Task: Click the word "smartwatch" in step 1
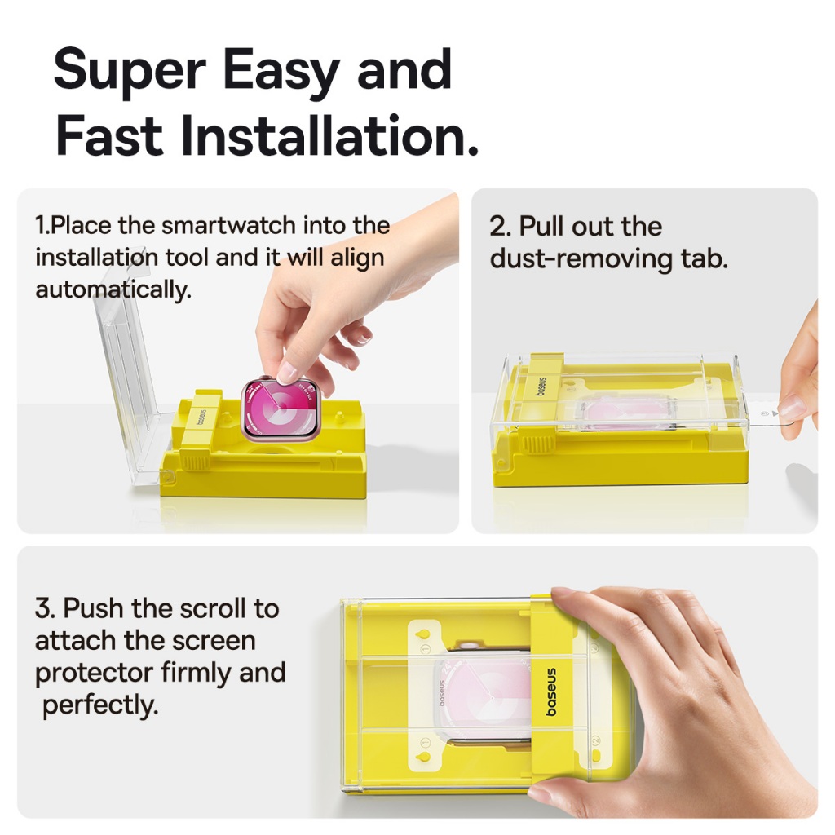228,225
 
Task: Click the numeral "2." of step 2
501,227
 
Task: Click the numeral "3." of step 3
46,608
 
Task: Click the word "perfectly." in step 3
100,705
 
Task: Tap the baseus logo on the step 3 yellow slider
551,691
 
